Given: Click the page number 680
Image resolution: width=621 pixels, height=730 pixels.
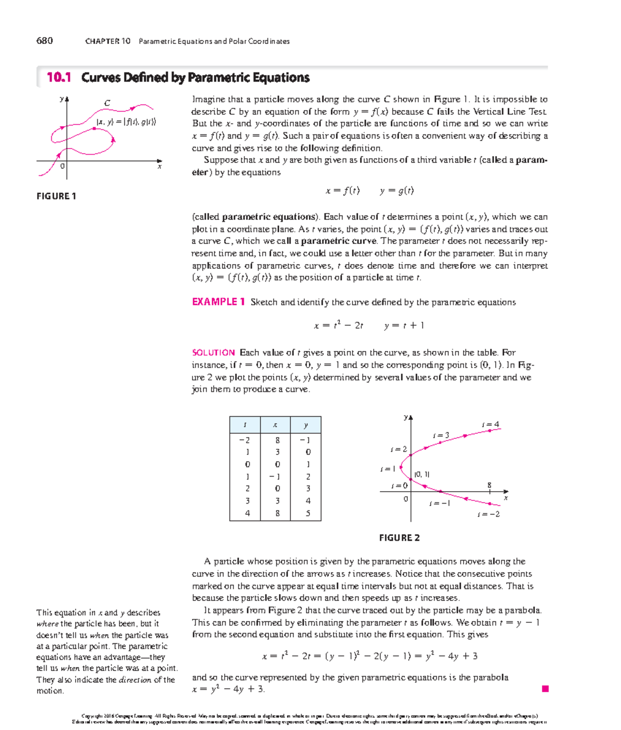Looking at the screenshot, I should click(45, 41).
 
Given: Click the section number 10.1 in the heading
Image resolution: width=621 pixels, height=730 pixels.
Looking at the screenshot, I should click(58, 78).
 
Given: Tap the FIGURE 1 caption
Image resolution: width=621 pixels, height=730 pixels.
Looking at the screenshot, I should click(56, 196).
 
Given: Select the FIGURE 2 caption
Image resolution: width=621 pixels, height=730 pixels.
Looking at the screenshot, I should click(399, 538).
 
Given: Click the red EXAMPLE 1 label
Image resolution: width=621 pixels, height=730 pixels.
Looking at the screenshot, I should click(218, 302).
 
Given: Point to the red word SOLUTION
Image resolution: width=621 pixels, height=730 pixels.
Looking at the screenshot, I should click(213, 353).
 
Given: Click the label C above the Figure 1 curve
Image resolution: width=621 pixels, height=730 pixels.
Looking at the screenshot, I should click(107, 103).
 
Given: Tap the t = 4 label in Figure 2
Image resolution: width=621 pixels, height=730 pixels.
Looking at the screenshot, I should click(490, 424).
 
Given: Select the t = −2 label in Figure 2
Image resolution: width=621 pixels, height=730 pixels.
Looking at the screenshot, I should click(489, 514).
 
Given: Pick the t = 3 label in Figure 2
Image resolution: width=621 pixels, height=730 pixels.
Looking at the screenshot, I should click(441, 435).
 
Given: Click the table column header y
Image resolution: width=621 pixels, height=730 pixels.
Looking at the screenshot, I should click(306, 425).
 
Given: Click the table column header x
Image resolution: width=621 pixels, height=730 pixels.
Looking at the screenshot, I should click(275, 425).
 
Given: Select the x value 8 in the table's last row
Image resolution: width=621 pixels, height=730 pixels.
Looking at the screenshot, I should click(277, 513).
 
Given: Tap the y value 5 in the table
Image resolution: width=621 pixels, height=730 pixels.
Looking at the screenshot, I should click(308, 513).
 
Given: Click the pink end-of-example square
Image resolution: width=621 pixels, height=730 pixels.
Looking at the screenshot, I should click(545, 689).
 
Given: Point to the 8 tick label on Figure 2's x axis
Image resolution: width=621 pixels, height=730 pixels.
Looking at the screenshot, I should click(489, 485).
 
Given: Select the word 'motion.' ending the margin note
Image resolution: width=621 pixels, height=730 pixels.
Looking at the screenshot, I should click(50, 691).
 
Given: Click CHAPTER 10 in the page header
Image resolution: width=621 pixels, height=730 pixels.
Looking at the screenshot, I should click(108, 41).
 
